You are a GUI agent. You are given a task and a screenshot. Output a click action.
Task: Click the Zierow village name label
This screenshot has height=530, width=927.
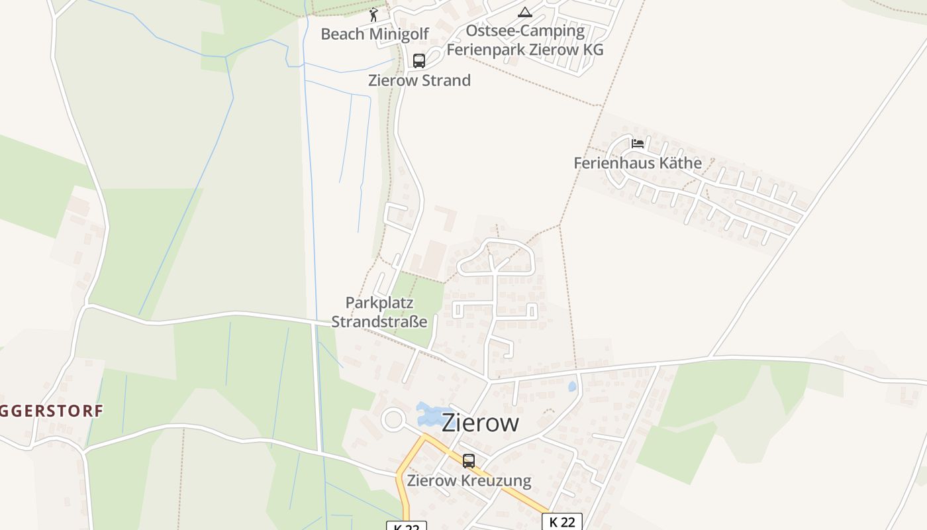(480, 422)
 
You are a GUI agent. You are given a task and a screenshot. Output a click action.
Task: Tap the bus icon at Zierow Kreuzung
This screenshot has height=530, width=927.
(469, 460)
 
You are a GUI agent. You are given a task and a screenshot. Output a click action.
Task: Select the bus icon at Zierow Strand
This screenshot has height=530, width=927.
(419, 61)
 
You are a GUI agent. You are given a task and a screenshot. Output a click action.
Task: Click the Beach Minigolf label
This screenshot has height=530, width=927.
(375, 34)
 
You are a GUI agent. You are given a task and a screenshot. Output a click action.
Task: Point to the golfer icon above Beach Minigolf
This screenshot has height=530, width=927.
(373, 14)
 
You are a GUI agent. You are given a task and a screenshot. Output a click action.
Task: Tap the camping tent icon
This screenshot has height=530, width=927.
(525, 12)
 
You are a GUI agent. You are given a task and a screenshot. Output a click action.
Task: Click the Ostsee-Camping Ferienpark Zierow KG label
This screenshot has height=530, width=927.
(525, 40)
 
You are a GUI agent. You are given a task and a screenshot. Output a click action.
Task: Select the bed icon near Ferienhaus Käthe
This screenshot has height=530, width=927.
(638, 143)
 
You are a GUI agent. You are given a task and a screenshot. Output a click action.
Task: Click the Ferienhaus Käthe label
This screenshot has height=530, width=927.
(638, 163)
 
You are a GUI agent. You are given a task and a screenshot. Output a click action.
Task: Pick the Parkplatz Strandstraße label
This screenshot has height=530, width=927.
(379, 312)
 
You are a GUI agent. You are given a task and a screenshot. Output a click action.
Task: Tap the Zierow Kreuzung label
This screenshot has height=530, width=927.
(469, 480)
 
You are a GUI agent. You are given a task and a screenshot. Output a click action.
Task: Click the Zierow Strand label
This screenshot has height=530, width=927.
(419, 81)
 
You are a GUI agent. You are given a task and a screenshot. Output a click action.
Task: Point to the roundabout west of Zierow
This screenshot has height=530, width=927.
(394, 419)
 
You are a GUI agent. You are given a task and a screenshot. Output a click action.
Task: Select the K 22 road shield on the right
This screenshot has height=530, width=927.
(562, 522)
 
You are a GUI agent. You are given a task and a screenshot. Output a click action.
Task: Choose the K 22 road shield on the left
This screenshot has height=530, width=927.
(406, 526)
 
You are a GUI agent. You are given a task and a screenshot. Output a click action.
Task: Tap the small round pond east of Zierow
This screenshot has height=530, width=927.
(573, 386)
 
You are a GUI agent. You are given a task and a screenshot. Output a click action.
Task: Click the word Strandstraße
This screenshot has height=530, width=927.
(379, 322)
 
